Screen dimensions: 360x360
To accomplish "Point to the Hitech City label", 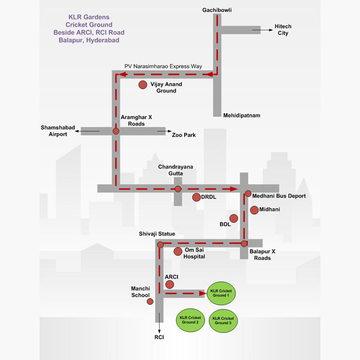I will [283, 29].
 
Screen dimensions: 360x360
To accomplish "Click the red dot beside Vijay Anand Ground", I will [143, 85].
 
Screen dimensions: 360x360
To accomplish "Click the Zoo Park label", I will [184, 135].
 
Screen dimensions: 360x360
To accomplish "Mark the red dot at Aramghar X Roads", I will [116, 130].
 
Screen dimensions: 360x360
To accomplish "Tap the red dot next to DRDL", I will [196, 197].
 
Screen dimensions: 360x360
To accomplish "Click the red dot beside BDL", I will [233, 218].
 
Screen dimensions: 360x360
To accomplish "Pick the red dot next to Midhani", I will [254, 209].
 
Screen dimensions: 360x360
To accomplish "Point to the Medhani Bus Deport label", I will [279, 196].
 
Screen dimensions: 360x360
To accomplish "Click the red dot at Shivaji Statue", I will [160, 244].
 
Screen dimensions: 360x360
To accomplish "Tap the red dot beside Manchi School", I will [150, 301].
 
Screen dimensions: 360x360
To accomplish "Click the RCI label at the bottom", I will [159, 337].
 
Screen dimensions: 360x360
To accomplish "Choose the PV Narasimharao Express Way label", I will [164, 66].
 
